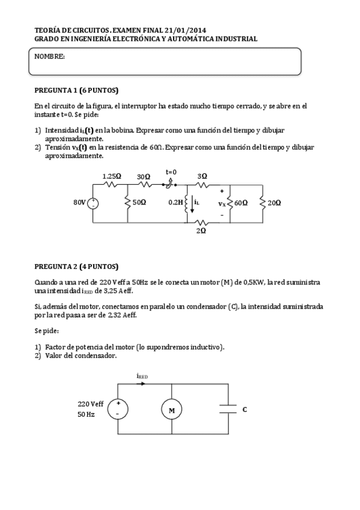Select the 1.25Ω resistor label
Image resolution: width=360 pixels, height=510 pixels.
pyautogui.click(x=111, y=176)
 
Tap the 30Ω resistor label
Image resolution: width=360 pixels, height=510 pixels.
pyautogui.click(x=144, y=176)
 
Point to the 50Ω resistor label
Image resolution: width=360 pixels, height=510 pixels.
pyautogui.click(x=139, y=203)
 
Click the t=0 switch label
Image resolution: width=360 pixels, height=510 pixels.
pyautogui.click(x=171, y=172)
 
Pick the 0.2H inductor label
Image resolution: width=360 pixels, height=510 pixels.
pyautogui.click(x=175, y=203)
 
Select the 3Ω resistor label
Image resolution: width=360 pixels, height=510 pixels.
pyautogui.click(x=203, y=176)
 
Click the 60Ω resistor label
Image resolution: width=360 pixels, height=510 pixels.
pyautogui.click(x=241, y=203)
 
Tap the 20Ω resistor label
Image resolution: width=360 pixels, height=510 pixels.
pyautogui.click(x=274, y=203)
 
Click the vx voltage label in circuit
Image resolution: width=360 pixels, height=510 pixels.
pyautogui.click(x=222, y=203)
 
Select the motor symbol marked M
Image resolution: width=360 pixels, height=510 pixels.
pyautogui.click(x=171, y=410)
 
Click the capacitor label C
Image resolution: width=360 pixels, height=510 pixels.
pyautogui.click(x=245, y=410)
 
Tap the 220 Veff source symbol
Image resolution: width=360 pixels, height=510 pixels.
pyautogui.click(x=118, y=410)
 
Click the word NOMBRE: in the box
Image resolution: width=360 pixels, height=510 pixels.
pyautogui.click(x=49, y=57)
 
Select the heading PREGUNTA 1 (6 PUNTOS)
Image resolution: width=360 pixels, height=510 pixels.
pyautogui.click(x=76, y=90)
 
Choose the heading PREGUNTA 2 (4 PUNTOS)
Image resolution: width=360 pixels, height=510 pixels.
pyautogui.click(x=76, y=266)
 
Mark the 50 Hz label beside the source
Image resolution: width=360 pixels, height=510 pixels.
pyautogui.click(x=86, y=414)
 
